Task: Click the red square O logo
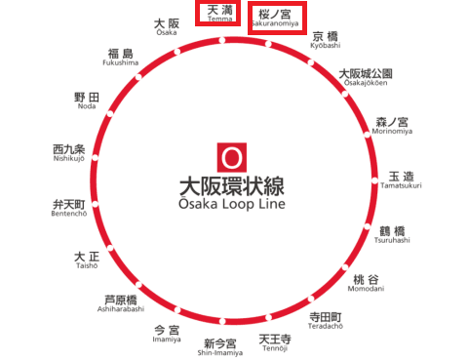click(x=232, y=157)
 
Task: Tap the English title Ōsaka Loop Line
click(x=232, y=204)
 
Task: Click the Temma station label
click(x=220, y=13)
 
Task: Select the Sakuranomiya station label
click(x=275, y=18)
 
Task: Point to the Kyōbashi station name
click(x=326, y=40)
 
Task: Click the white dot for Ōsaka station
click(x=177, y=52)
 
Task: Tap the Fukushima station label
click(x=121, y=58)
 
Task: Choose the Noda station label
click(x=87, y=100)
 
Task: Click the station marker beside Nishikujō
click(x=95, y=158)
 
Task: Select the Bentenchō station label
click(x=69, y=208)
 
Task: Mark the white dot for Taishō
click(x=110, y=248)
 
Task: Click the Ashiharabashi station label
click(x=121, y=303)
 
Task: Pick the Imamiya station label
click(x=167, y=334)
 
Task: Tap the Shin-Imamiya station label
click(x=220, y=347)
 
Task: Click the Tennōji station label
click(x=275, y=343)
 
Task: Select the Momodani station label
click(x=366, y=283)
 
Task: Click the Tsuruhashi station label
click(x=392, y=235)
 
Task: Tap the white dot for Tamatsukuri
click(x=375, y=180)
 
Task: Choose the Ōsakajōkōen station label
click(x=366, y=77)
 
